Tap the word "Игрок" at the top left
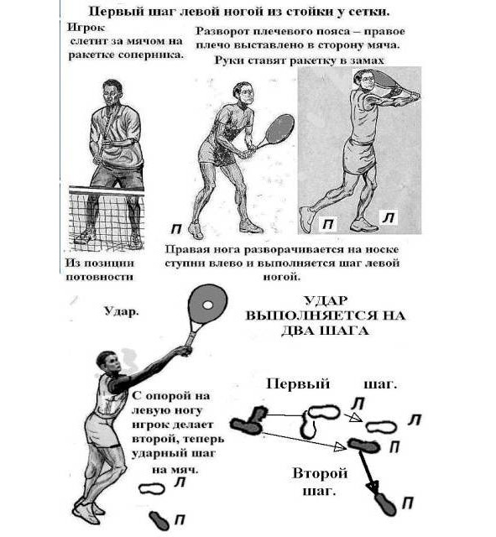coord(86,28)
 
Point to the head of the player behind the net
coord(112,91)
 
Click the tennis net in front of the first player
coord(107,216)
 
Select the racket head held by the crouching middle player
coord(279,128)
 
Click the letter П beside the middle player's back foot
coord(176,229)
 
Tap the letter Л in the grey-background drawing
coord(389,217)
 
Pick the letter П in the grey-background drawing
coord(328,224)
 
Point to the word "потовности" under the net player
coord(99,277)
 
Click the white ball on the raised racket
coord(207,305)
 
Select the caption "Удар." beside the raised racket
coord(121,311)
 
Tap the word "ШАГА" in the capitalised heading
coord(347,331)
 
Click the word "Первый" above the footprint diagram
coord(298,384)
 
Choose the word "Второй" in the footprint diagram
coord(320,473)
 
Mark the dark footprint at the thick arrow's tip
coord(386,504)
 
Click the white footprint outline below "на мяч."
coord(151,488)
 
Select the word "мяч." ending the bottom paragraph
coord(185,470)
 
